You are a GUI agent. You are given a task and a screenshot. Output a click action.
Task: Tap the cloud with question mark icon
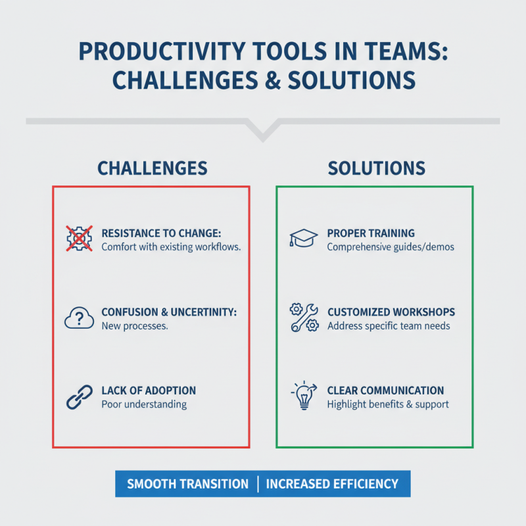(79, 319)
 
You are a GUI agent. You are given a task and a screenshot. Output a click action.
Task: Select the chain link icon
(79, 397)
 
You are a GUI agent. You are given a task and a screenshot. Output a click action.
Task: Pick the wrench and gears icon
(304, 318)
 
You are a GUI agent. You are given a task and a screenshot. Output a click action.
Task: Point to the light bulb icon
(302, 397)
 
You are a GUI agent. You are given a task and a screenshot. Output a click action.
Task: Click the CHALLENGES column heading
(153, 168)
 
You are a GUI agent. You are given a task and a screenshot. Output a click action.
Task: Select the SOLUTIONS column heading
(376, 168)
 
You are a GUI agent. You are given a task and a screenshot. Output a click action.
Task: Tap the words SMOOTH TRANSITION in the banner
(187, 484)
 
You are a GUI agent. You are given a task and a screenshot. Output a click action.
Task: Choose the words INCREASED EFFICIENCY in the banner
(332, 484)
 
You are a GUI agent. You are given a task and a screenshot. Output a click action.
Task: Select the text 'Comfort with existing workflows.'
(171, 247)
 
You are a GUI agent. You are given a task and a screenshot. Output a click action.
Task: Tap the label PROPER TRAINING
(371, 233)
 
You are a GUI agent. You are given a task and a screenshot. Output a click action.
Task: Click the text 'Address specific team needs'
(389, 325)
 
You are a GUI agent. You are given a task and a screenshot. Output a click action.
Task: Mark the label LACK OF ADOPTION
(149, 391)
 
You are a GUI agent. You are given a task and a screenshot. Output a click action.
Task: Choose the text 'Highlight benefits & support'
(388, 404)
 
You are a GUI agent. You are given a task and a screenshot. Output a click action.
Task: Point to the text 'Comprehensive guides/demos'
(391, 247)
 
